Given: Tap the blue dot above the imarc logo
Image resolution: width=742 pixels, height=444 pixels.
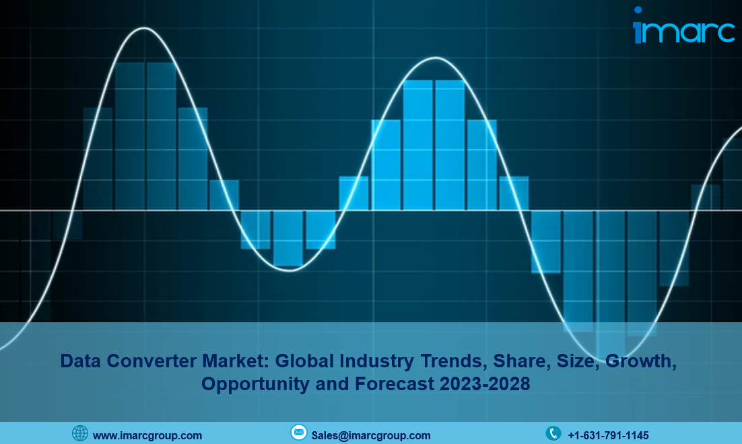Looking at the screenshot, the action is coord(638,10).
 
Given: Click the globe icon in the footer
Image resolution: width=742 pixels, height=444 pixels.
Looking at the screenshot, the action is coord(80,433).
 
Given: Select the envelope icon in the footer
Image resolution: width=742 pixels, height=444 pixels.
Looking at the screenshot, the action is coord(298,432).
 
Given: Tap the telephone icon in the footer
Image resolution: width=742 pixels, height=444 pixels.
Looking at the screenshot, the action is coord(553,433).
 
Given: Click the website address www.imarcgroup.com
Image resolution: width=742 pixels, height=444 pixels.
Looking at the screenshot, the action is coord(147,435).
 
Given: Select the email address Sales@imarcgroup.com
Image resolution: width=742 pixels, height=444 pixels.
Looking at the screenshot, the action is coord(371,435).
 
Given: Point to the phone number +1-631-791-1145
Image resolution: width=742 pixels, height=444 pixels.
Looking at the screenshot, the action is coord(608,435).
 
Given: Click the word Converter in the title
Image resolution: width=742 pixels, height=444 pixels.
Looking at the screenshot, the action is coord(151,361).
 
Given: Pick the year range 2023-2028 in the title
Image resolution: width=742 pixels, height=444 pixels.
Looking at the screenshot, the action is coord(485,383).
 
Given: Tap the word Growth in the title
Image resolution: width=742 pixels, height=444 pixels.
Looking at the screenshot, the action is coord(641,362).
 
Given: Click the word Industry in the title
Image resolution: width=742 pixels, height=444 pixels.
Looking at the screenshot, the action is coord(376,362).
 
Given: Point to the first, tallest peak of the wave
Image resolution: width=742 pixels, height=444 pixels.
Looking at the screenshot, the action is coord(144,28).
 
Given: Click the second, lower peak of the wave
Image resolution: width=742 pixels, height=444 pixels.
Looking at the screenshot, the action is coord(436,59).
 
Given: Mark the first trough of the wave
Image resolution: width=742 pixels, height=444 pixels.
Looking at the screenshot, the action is coord(290,270).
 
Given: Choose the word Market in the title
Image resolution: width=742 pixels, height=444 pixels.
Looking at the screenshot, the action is coord(236,361).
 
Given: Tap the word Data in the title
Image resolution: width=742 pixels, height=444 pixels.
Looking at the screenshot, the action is coord(81,361).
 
